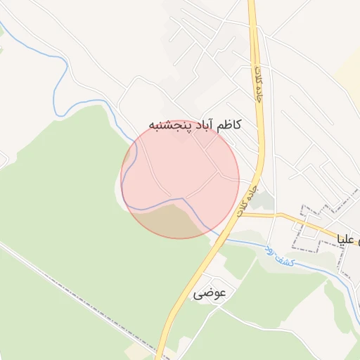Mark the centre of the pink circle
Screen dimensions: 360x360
pos(180,179)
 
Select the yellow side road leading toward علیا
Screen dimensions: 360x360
pos(288,218)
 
